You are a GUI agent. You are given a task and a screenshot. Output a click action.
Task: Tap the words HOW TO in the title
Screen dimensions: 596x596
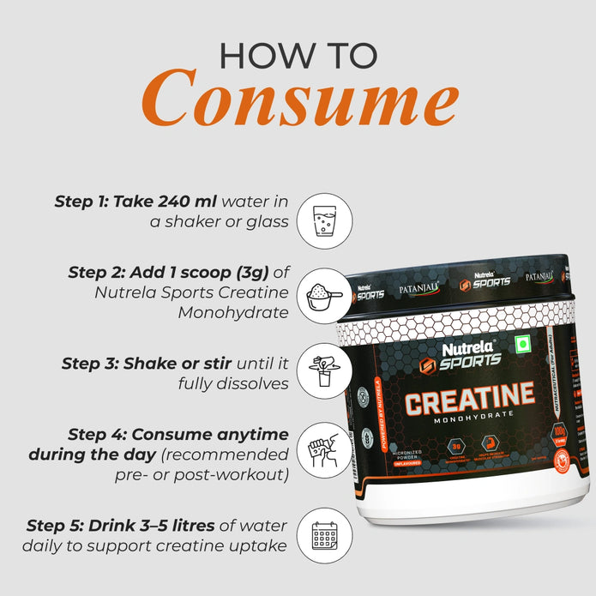click(298, 54)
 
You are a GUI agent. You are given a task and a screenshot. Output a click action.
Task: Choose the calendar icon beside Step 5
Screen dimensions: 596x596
click(324, 535)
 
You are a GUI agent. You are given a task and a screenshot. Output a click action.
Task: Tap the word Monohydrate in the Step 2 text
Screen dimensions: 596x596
click(233, 313)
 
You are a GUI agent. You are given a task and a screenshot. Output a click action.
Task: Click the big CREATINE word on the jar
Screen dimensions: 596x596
click(469, 400)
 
